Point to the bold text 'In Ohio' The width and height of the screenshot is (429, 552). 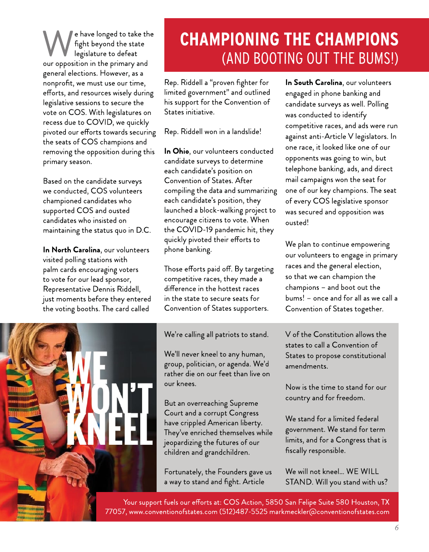pos(177,151)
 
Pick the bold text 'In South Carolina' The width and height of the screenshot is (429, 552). pos(313,83)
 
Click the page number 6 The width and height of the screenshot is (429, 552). pos(396,528)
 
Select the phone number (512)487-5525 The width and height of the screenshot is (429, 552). pos(243,512)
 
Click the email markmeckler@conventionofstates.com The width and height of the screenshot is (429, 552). pos(329,512)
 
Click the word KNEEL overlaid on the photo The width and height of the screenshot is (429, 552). pos(109,429)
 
